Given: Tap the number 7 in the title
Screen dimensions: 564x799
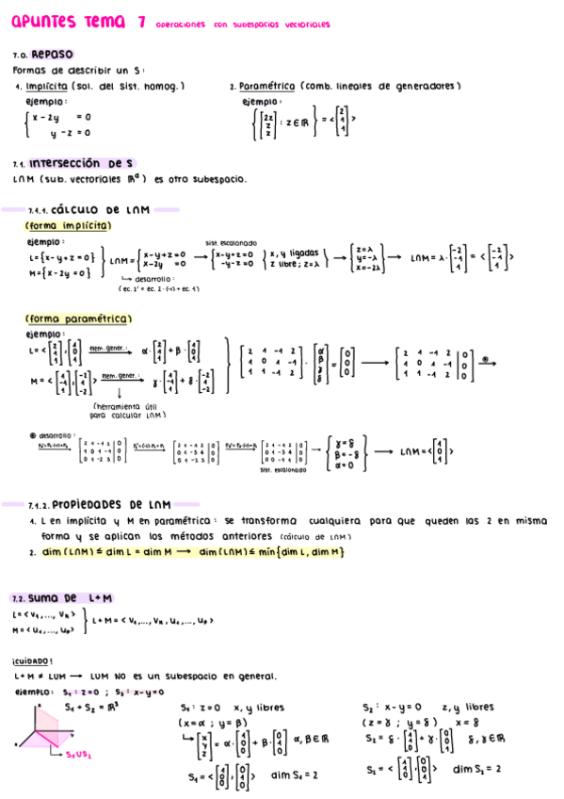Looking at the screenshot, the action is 140,24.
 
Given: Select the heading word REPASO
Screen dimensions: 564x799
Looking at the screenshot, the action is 53,55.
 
